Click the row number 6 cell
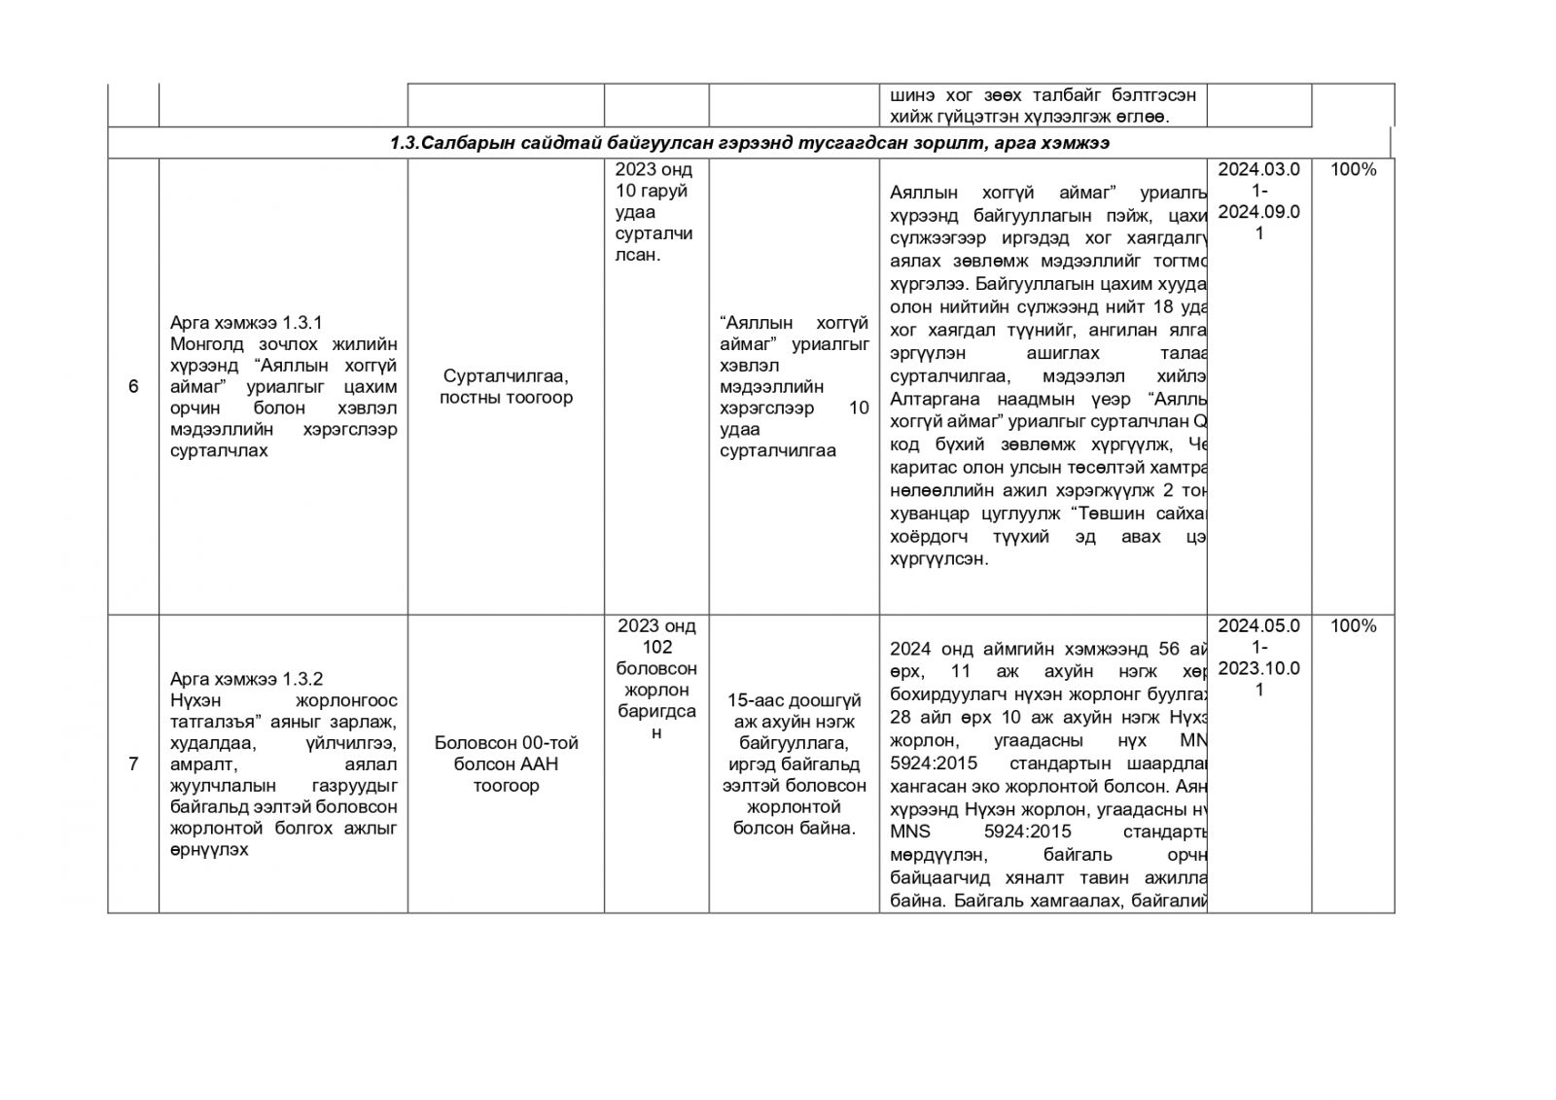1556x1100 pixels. click(133, 387)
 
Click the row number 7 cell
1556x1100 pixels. click(133, 764)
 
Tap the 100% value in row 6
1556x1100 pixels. click(1353, 170)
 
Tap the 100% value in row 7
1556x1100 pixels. click(1353, 626)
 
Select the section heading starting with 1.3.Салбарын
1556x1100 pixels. click(750, 143)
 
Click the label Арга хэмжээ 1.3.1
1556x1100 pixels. click(246, 323)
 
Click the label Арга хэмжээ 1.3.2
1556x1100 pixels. click(246, 679)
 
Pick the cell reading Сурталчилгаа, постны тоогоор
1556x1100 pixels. click(506, 386)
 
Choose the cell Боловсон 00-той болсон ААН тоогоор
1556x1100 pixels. click(506, 764)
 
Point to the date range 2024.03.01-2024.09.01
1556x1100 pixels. click(1258, 201)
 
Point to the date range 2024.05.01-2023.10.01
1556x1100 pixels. click(1258, 657)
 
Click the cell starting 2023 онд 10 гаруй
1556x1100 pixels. click(655, 213)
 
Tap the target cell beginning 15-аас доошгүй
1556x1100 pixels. click(794, 764)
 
